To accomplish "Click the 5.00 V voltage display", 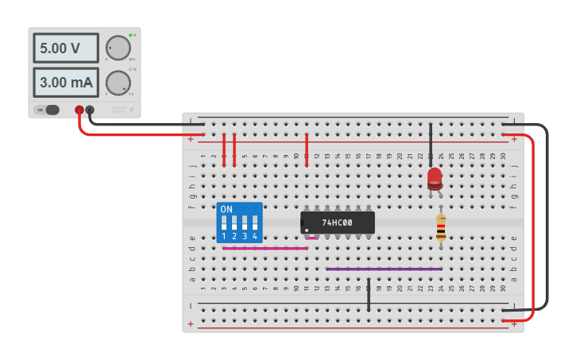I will (x=65, y=48).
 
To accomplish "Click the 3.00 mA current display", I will (x=65, y=82).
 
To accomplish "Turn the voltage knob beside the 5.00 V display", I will (x=118, y=48).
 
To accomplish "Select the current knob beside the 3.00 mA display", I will (x=118, y=83).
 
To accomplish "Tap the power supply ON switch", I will (x=51, y=110).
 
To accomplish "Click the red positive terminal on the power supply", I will (x=79, y=110).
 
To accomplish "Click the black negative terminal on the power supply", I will (x=90, y=110).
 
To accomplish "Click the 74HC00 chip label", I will (x=337, y=223).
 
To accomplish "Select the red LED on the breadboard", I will (x=434, y=178).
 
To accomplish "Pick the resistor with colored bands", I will (x=441, y=228).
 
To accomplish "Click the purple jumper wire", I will (x=384, y=269).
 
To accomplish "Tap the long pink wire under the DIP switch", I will (x=265, y=248).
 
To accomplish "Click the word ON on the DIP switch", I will (x=226, y=210).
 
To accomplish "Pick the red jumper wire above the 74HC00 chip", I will (x=307, y=149).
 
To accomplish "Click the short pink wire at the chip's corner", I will (x=311, y=238).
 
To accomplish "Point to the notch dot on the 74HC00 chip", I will (x=306, y=230).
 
